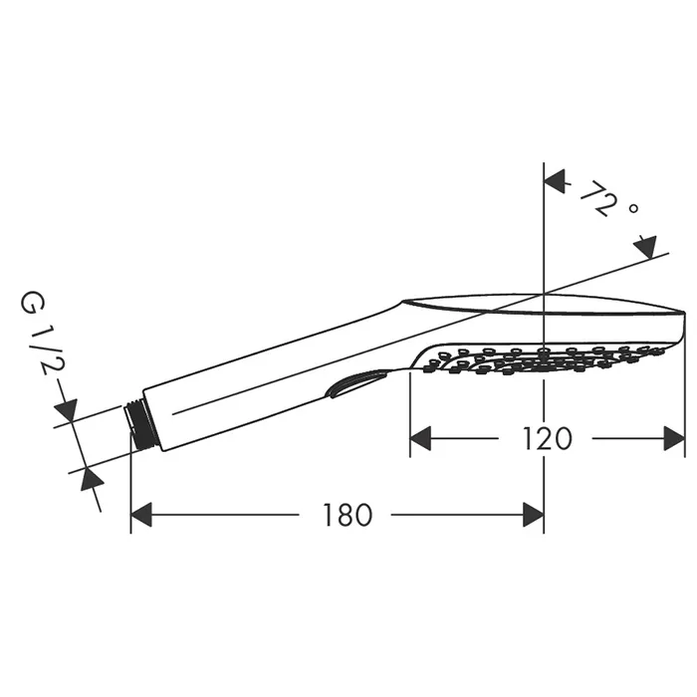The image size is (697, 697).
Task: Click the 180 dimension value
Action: (348, 515)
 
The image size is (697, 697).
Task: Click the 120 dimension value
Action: (547, 438)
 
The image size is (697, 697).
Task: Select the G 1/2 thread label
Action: (43, 333)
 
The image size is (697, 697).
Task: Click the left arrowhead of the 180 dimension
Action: (141, 515)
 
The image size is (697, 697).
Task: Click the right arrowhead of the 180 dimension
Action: (534, 515)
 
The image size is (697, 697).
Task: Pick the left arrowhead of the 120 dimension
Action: (420, 438)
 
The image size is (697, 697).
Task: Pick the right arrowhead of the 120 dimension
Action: (674, 438)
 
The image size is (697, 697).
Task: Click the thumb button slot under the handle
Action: (355, 382)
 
